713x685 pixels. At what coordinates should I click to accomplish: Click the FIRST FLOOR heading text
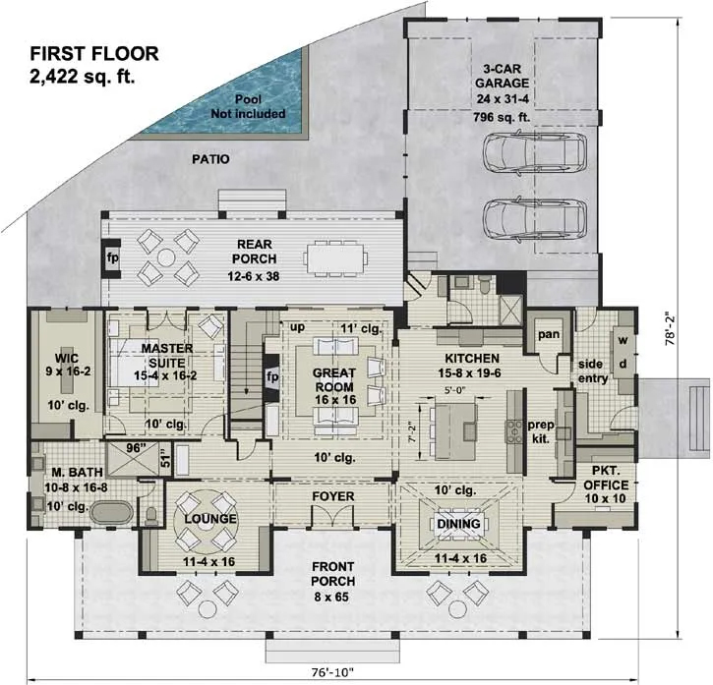click(94, 54)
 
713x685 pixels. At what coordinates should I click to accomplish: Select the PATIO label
click(210, 159)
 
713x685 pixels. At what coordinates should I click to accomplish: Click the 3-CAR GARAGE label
click(502, 76)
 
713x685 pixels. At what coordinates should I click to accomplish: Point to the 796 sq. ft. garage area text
click(502, 117)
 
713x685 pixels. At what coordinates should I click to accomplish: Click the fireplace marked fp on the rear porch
click(112, 258)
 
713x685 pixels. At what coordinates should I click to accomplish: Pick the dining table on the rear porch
click(335, 258)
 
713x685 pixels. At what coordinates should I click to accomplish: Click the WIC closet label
click(67, 358)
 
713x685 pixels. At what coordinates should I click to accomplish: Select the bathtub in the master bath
click(111, 513)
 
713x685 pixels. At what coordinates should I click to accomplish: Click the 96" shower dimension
click(135, 448)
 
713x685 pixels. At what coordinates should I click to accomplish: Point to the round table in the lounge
click(206, 519)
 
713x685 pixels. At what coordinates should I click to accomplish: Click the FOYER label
click(332, 496)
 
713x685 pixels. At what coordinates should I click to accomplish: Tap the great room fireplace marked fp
click(271, 378)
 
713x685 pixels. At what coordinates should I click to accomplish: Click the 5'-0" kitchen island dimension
click(453, 389)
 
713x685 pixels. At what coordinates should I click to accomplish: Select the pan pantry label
click(549, 334)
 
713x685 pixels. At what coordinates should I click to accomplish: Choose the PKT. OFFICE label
click(605, 478)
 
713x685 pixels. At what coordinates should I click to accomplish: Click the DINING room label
click(458, 524)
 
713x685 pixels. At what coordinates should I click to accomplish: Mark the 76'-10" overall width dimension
click(332, 671)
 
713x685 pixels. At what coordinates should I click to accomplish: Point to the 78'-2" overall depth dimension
click(671, 328)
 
